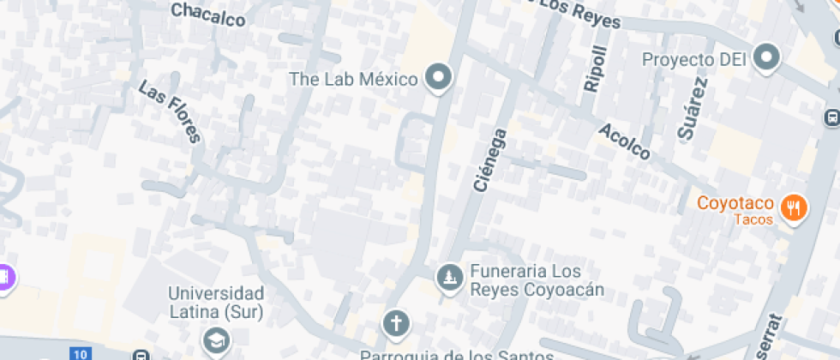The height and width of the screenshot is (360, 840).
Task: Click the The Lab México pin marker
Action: coord(441,79)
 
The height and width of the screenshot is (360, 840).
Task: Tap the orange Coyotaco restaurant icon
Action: coord(795,207)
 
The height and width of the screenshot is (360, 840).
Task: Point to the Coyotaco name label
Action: coord(735,204)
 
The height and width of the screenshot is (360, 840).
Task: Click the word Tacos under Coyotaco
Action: coord(753,219)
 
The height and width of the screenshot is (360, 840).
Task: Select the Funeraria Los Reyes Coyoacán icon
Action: coord(447,277)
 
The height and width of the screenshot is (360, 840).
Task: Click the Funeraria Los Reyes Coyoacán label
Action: coord(537,281)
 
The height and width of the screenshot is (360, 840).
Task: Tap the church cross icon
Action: coord(395,324)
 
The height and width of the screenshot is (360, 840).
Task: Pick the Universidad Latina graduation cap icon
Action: coord(216,341)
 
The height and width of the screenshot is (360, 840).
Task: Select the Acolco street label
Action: coord(625,141)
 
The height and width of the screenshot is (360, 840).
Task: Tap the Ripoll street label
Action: coord(594,68)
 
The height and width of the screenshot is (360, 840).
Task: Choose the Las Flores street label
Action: coord(169,111)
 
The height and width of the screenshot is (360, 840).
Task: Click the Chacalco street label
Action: coord(207,15)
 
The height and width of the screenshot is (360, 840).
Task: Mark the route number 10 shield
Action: coord(81,354)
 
